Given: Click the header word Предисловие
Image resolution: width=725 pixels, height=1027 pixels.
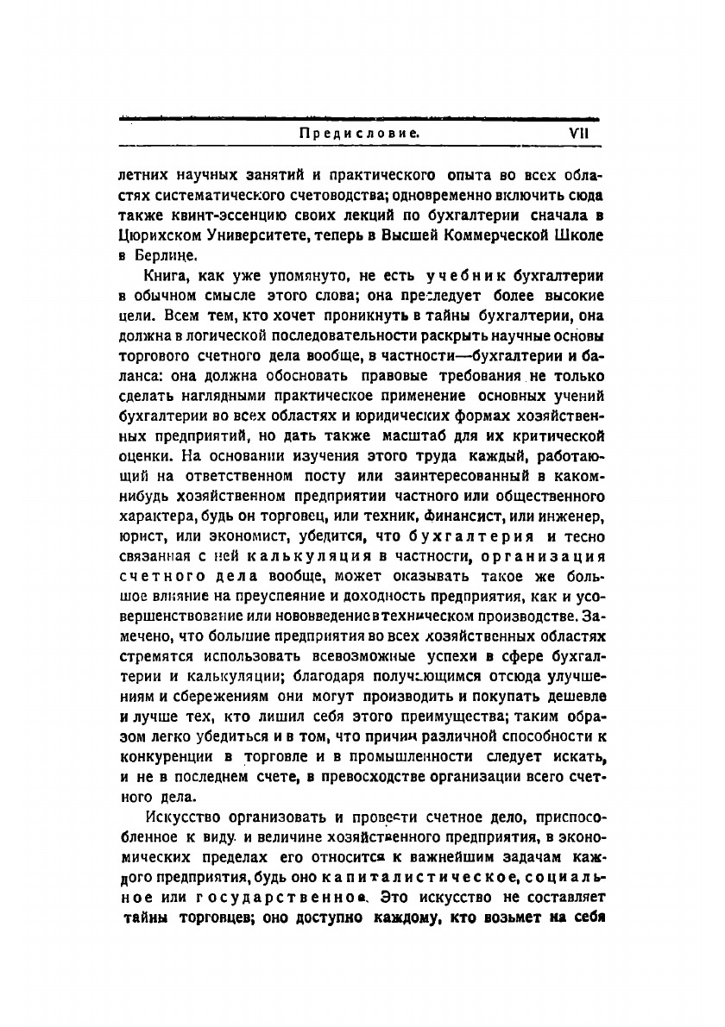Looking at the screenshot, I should point(359,134).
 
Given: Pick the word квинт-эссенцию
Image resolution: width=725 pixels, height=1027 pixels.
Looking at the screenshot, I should point(225,214).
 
